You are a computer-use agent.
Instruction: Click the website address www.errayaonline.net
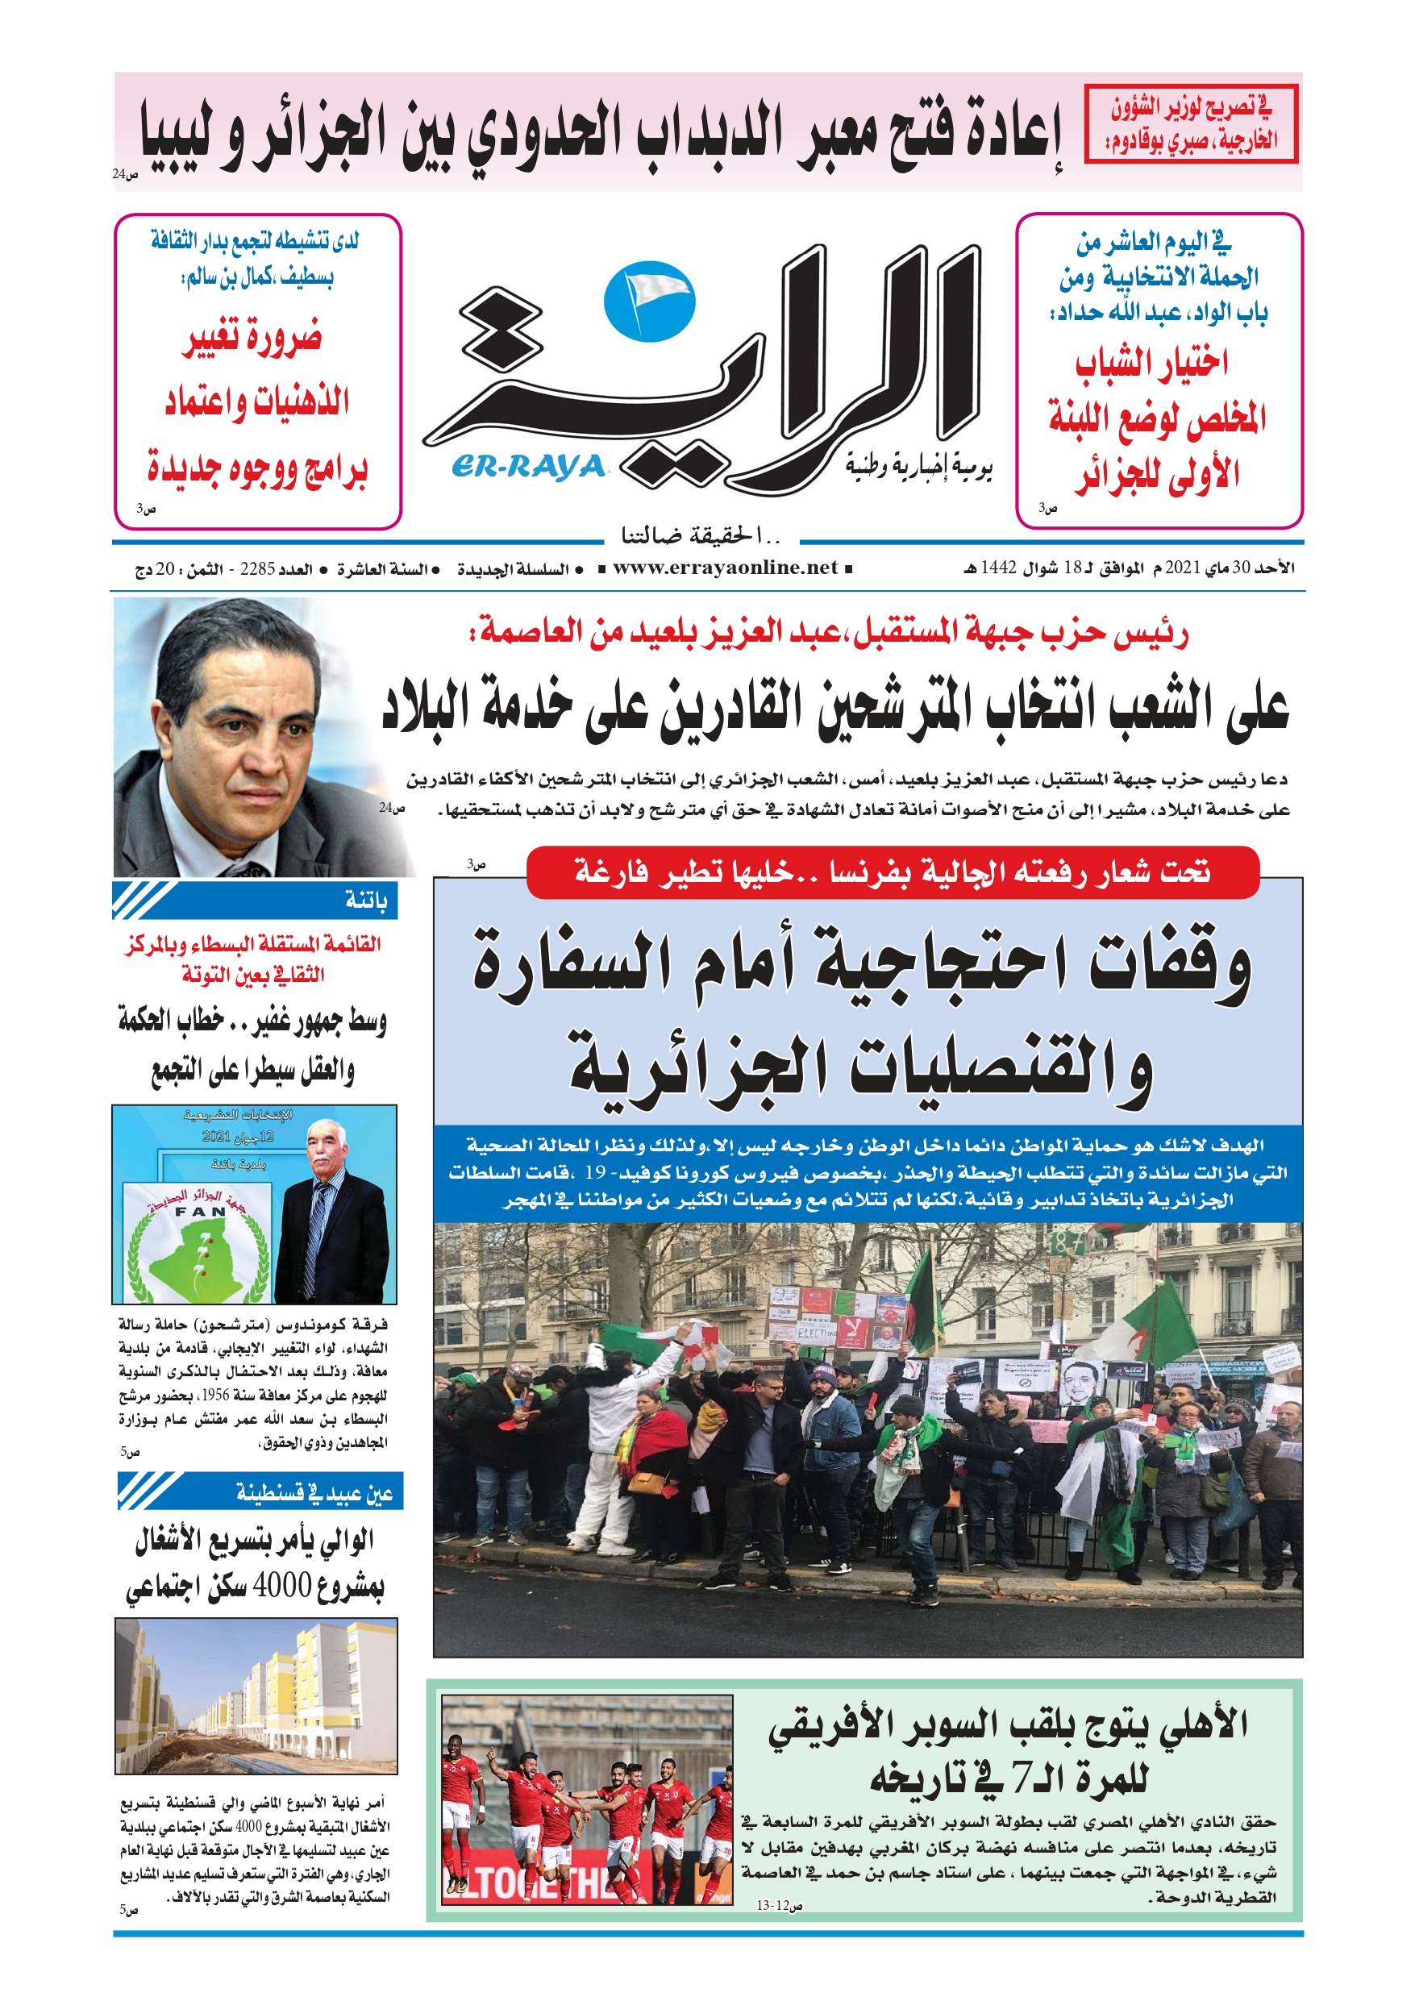tap(725, 568)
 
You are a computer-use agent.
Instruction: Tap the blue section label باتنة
tap(365, 900)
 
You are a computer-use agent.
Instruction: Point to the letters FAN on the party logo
tap(201, 1212)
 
